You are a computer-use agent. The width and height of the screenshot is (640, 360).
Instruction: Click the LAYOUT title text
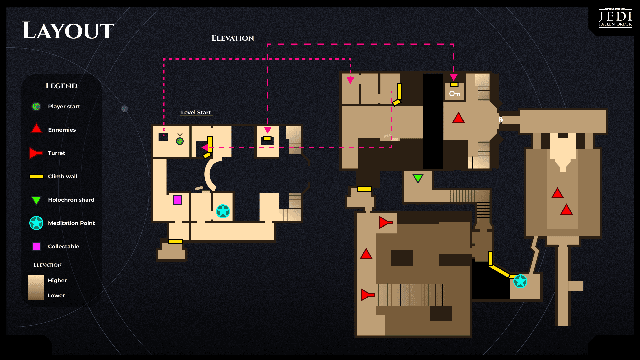coord(68,31)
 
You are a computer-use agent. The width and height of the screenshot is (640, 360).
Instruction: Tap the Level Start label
coord(196,112)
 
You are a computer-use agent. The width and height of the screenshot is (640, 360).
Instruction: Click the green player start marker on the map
coord(180,141)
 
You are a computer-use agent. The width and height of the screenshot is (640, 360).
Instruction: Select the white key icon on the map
coord(454,94)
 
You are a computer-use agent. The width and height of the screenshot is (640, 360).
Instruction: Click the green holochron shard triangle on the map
coord(418,178)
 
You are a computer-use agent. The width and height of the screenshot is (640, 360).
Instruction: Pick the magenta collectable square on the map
coord(178,200)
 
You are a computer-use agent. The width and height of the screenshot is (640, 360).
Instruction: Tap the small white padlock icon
coord(500,119)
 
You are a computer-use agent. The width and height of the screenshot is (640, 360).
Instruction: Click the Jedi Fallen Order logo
coord(615,18)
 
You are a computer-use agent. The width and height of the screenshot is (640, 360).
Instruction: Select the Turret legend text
coord(56,153)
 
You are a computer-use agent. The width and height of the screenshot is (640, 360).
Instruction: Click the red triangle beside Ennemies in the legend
coord(36,129)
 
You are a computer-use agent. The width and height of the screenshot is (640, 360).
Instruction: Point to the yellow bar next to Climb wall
coord(36,176)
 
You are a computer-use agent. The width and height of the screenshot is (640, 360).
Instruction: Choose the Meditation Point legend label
coord(71,223)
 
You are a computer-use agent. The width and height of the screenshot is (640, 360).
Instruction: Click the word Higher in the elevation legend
coord(57,280)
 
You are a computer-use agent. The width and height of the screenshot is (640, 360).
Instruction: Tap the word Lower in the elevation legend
coord(56,295)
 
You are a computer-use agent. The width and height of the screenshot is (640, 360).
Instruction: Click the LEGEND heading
coord(61,86)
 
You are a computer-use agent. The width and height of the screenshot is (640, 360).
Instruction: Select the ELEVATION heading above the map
coord(233,38)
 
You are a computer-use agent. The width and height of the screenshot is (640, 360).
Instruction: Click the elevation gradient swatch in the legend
coord(36,288)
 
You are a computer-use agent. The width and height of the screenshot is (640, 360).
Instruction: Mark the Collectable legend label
coord(63,246)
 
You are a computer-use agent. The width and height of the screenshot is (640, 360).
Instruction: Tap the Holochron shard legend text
coord(71,200)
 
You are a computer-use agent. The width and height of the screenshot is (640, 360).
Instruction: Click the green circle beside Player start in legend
coord(36,106)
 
